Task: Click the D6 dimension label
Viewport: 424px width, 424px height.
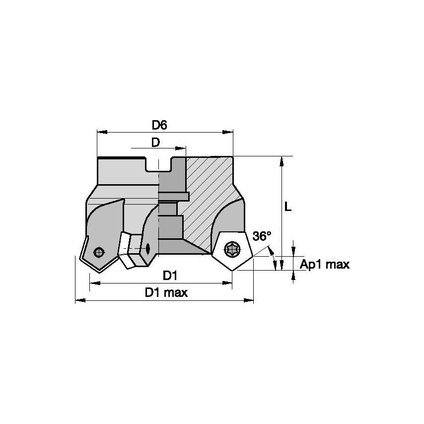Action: [x=159, y=125]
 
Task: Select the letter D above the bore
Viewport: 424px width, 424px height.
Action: [x=155, y=142]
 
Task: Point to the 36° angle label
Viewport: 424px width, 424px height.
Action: [x=262, y=236]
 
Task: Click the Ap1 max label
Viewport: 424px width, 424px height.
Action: [x=325, y=264]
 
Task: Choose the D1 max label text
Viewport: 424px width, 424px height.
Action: [x=166, y=292]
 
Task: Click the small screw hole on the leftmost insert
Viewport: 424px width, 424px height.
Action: [x=99, y=252]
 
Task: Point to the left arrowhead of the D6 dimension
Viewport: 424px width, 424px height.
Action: [x=99, y=133]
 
